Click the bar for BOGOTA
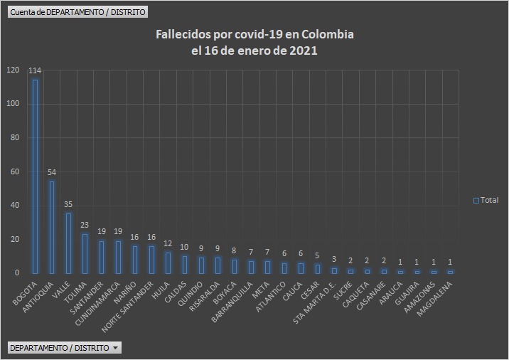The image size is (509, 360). (35, 176)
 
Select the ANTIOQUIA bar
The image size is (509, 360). (51, 227)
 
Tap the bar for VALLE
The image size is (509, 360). (68, 243)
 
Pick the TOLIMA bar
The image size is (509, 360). (85, 253)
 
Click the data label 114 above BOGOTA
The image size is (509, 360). (35, 71)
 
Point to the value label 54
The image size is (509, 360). (51, 172)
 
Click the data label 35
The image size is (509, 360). (68, 205)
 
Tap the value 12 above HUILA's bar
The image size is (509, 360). (168, 243)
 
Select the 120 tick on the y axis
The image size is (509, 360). (13, 70)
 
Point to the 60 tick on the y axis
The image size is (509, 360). (15, 171)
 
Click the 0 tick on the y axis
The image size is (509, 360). (17, 273)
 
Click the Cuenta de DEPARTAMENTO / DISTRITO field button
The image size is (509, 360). (77, 12)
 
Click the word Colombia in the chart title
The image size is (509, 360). (328, 35)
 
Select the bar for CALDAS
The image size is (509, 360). (184, 264)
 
